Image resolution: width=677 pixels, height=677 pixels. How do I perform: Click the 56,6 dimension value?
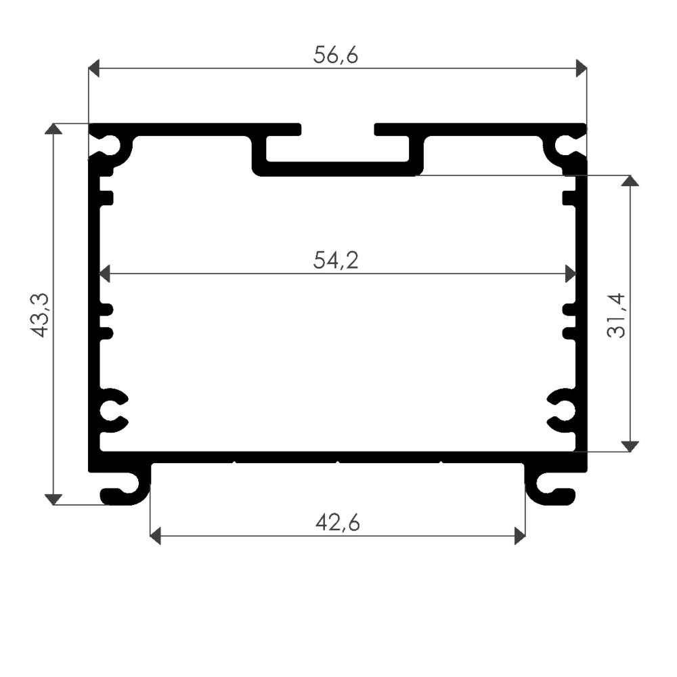pos(336,56)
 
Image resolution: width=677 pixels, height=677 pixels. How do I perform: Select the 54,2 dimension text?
pos(336,261)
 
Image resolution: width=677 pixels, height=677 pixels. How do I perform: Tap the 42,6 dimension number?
pos(337,523)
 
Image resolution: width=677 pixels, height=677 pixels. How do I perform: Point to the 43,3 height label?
pos(39,315)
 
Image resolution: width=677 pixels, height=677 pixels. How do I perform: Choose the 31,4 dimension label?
pos(615,315)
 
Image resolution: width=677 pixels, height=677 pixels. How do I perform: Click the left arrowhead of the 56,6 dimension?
pos(93,68)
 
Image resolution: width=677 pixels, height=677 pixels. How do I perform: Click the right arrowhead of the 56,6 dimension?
pos(581,68)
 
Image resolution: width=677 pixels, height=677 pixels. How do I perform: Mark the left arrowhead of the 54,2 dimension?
pos(104,274)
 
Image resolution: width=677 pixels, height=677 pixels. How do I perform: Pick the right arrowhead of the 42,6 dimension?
pos(520,536)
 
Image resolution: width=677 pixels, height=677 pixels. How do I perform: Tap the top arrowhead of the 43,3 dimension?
pos(53,129)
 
